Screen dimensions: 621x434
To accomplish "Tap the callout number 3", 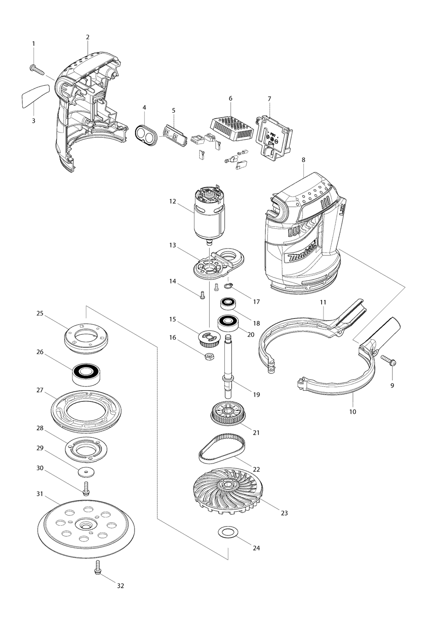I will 33,120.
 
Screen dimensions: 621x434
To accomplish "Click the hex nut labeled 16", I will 209,357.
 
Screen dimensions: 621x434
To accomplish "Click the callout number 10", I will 353,412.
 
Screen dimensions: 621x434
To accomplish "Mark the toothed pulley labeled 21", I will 226,414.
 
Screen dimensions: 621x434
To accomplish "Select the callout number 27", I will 40,391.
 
